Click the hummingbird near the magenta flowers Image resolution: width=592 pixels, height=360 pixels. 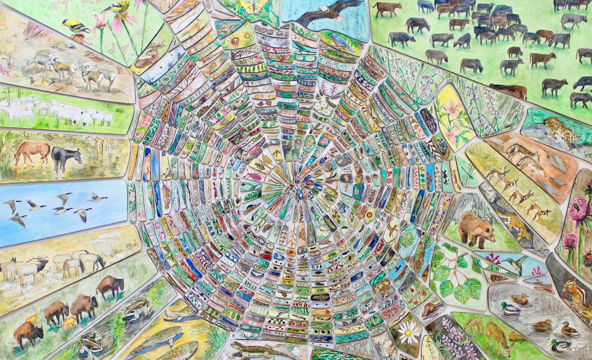[515, 261]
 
